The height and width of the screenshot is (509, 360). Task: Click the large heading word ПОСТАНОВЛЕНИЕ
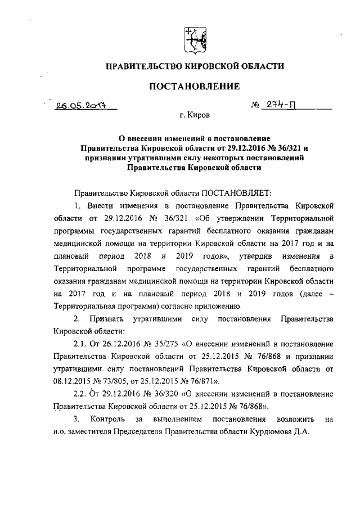[x=193, y=86]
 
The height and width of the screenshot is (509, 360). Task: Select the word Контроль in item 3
[x=107, y=418]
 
